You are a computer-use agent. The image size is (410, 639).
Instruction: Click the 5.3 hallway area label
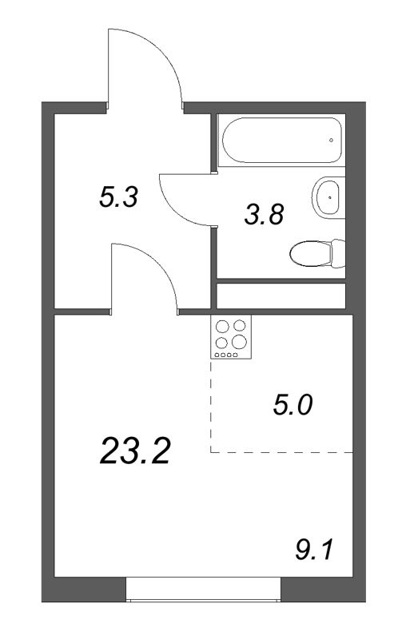point(119,197)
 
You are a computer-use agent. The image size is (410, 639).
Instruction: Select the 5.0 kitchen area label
point(292,405)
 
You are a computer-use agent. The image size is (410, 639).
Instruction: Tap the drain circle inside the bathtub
point(331,140)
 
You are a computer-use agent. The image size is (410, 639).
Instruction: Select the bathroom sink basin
point(327,196)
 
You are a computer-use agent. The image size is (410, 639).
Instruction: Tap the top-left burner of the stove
point(223,325)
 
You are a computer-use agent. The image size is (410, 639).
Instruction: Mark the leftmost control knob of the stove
point(218,354)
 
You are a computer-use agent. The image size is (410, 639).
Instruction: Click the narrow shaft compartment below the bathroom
point(281,296)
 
